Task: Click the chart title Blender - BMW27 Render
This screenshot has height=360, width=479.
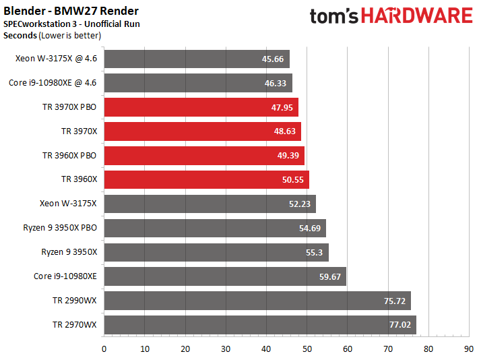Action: point(71,11)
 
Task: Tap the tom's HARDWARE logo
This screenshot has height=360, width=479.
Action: point(391,16)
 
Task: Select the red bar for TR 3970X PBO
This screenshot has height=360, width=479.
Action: point(201,107)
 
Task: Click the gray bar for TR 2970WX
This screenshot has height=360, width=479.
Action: point(260,325)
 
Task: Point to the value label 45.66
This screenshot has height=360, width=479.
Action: point(272,59)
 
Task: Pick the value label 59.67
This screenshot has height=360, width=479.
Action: point(330,277)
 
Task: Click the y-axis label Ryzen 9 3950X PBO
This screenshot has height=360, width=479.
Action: point(60,228)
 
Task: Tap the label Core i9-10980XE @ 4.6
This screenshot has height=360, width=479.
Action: point(53,83)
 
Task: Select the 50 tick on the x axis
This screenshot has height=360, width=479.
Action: point(307,349)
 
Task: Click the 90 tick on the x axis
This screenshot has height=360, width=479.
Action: point(469,349)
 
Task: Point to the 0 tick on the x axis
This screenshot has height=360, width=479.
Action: point(104,349)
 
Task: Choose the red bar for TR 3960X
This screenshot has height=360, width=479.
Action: point(207,180)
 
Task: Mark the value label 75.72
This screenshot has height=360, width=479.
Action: point(395,301)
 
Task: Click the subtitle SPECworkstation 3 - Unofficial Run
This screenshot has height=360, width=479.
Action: point(71,24)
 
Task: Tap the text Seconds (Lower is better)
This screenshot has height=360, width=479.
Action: point(52,36)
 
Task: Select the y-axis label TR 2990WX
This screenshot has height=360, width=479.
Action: point(75,301)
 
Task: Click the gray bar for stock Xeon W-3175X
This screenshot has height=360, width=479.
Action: point(210,204)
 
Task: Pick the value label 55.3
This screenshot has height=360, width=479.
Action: point(315,252)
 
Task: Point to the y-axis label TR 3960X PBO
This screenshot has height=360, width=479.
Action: point(69,156)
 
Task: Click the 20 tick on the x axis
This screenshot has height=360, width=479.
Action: point(185,349)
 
